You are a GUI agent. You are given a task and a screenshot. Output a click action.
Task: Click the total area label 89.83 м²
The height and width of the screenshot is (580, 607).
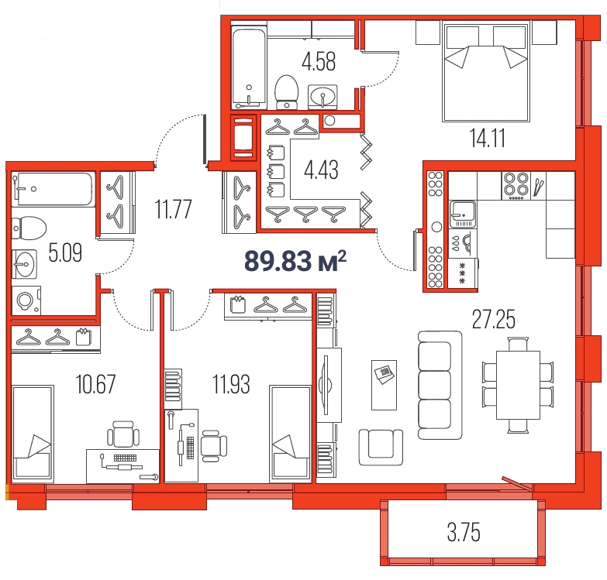295,261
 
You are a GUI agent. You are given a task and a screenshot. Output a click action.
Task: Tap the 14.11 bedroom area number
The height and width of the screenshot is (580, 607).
487,138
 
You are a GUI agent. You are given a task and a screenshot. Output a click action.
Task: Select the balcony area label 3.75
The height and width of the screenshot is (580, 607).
464,532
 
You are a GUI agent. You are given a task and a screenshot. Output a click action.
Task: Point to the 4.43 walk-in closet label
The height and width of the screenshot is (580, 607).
321,170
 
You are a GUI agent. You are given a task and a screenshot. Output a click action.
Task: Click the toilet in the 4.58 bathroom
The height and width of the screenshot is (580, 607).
287,92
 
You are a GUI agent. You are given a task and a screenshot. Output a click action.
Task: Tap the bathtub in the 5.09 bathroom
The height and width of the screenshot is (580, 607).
54,189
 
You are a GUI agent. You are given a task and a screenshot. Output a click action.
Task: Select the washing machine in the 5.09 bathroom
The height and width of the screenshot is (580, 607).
26,300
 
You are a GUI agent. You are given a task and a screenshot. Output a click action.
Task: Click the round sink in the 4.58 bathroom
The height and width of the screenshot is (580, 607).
322,96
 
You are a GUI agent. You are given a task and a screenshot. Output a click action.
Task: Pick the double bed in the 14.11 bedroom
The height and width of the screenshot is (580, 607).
486,72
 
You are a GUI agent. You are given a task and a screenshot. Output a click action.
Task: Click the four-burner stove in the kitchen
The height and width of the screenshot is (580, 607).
516,185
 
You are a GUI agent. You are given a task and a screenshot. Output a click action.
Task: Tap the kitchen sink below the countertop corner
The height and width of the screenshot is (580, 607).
463,214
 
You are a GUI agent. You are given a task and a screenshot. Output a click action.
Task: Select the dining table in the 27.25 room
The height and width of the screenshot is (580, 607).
518,385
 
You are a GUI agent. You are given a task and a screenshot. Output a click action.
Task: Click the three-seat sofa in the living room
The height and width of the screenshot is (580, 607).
440,385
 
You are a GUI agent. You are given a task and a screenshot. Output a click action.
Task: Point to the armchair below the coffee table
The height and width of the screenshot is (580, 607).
381,447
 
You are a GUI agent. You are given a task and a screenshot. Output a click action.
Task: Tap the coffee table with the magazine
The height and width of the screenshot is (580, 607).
384,385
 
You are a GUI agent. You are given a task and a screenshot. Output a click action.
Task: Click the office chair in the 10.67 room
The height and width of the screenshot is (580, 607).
123,434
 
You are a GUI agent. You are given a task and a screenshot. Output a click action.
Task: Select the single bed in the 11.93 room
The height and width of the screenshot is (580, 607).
291,434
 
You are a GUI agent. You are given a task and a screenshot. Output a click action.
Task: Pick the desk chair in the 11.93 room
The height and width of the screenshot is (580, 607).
213,446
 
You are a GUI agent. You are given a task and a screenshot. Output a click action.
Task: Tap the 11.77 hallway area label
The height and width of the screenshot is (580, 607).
173,209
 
